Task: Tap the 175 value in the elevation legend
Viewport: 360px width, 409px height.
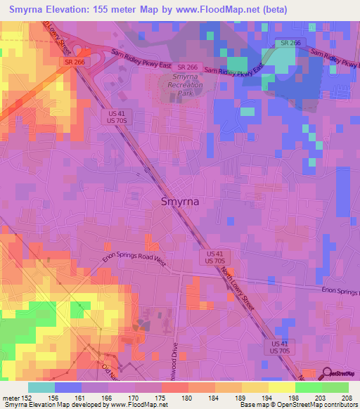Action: [x=162, y=398]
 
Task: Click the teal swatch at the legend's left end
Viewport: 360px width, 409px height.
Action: [x=41, y=387]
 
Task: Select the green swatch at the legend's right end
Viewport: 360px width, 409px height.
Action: [x=335, y=387]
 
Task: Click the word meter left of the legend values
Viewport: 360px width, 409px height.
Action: [x=12, y=398]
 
